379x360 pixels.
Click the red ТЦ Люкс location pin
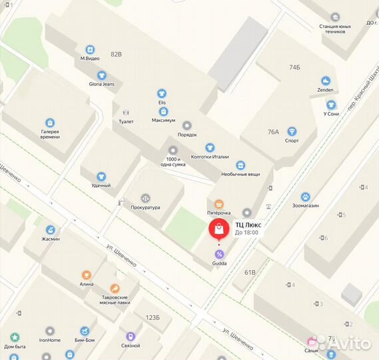click(219, 229)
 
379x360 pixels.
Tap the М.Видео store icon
click(90, 49)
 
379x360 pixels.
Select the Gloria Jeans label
click(101, 84)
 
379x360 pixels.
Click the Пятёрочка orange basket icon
click(218, 204)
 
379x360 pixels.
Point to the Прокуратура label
click(146, 207)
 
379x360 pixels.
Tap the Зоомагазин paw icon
click(305, 197)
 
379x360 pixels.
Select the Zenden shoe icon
click(326, 81)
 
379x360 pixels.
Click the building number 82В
click(117, 53)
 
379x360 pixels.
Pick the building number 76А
click(273, 132)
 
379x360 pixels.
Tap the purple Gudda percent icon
click(219, 254)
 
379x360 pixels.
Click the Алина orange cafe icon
click(86, 275)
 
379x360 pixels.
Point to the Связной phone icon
click(131, 337)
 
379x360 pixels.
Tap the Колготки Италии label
click(210, 157)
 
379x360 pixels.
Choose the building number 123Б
click(153, 318)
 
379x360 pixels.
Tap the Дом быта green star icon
click(15, 337)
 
